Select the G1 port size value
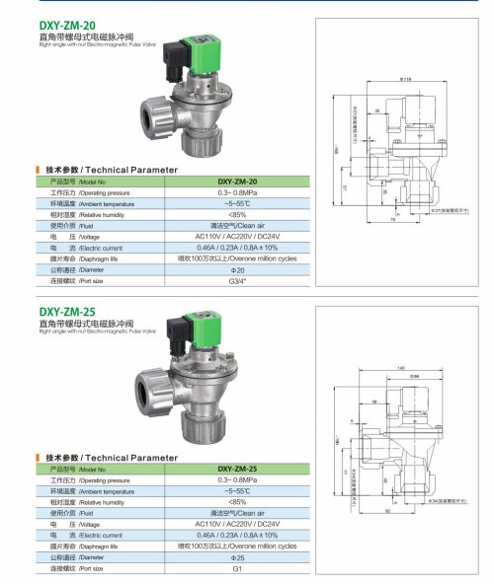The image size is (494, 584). click(x=236, y=568)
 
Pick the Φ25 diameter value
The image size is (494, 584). click(x=236, y=556)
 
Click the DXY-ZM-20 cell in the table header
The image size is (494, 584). click(x=236, y=182)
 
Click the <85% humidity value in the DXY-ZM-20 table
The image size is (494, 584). click(x=236, y=213)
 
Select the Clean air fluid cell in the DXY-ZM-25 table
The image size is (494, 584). click(x=236, y=513)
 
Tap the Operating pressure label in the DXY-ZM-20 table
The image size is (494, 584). click(x=94, y=192)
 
